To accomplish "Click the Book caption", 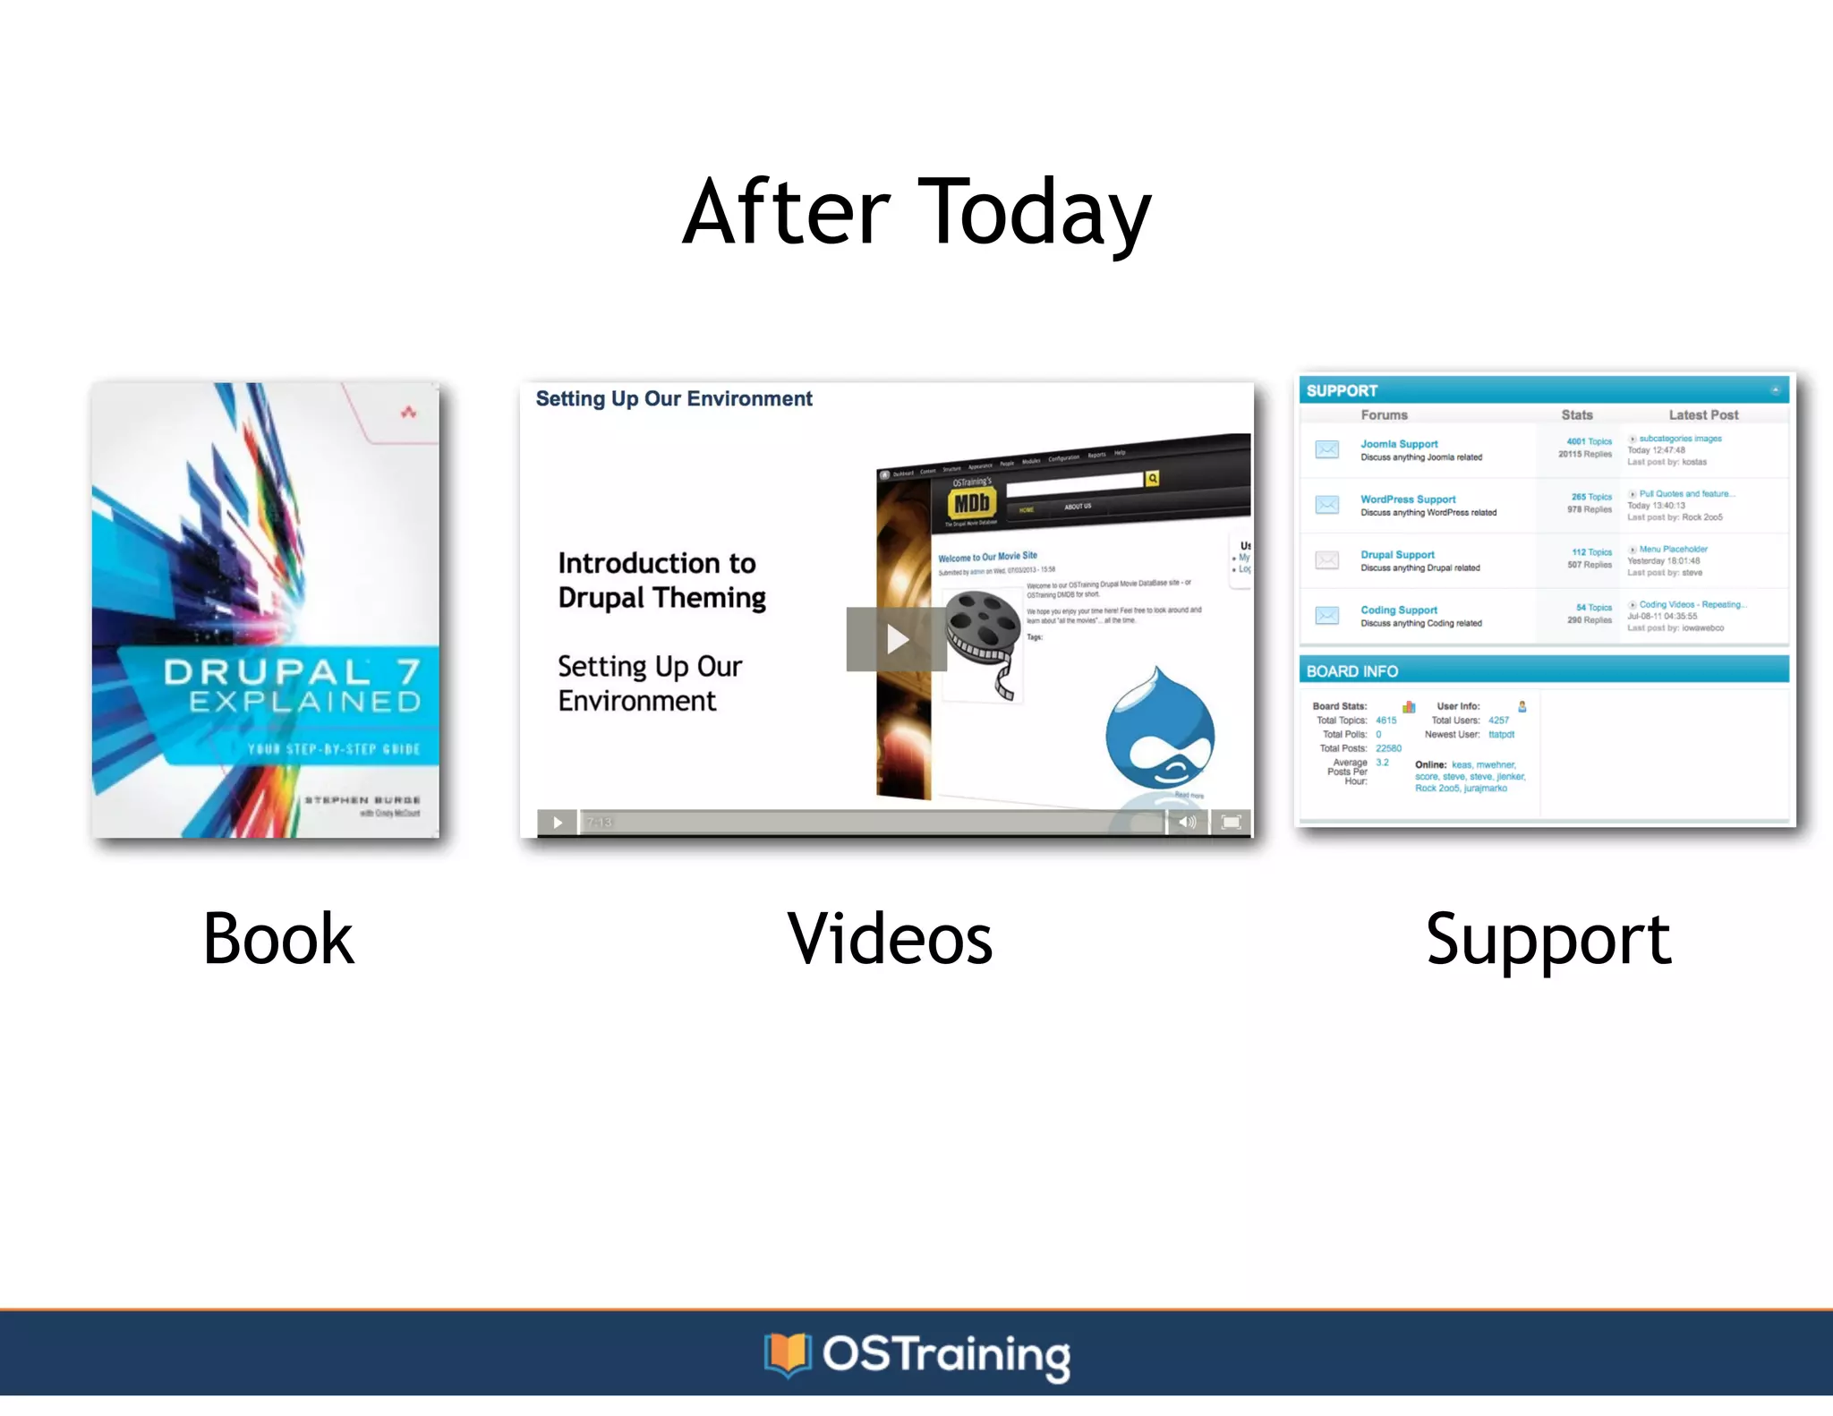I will [278, 939].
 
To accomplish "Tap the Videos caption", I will [890, 939].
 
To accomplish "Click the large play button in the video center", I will [896, 639].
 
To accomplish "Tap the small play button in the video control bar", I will [557, 822].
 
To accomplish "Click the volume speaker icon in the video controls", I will [1187, 822].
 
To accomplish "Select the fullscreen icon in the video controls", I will [1231, 822].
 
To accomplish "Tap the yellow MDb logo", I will [971, 504].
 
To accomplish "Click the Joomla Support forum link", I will [1399, 444].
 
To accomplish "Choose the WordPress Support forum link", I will [1408, 499].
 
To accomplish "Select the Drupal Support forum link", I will [1397, 555].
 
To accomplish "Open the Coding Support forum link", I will [1399, 610].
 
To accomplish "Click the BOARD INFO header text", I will [1351, 671].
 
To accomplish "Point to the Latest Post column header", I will [1702, 415].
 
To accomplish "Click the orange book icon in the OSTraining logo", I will [787, 1353].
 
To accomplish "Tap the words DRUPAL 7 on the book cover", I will [292, 671].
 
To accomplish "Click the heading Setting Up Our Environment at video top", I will [673, 399].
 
